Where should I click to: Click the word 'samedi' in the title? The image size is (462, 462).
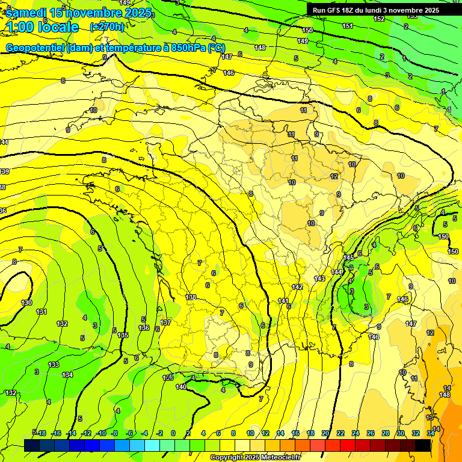click(26, 12)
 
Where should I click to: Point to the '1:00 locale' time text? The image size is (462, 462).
click(42, 27)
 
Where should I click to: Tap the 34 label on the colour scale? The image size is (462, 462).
click(431, 433)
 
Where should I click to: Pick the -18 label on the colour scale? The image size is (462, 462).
click(41, 433)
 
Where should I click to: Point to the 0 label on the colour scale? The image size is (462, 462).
click(173, 433)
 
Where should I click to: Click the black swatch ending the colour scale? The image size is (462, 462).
click(423, 445)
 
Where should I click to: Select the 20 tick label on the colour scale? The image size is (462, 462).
click(325, 433)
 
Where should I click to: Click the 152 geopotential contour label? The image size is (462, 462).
click(379, 19)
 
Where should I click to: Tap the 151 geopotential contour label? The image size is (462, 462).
click(348, 26)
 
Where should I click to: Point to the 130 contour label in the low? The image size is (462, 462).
click(26, 303)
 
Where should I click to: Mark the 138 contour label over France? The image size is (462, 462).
click(191, 297)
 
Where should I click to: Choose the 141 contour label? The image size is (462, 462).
click(283, 301)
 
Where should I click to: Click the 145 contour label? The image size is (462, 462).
click(348, 257)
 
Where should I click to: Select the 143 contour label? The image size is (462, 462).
click(319, 279)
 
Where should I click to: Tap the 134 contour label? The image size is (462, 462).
click(67, 375)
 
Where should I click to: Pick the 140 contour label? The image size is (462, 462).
click(181, 387)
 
